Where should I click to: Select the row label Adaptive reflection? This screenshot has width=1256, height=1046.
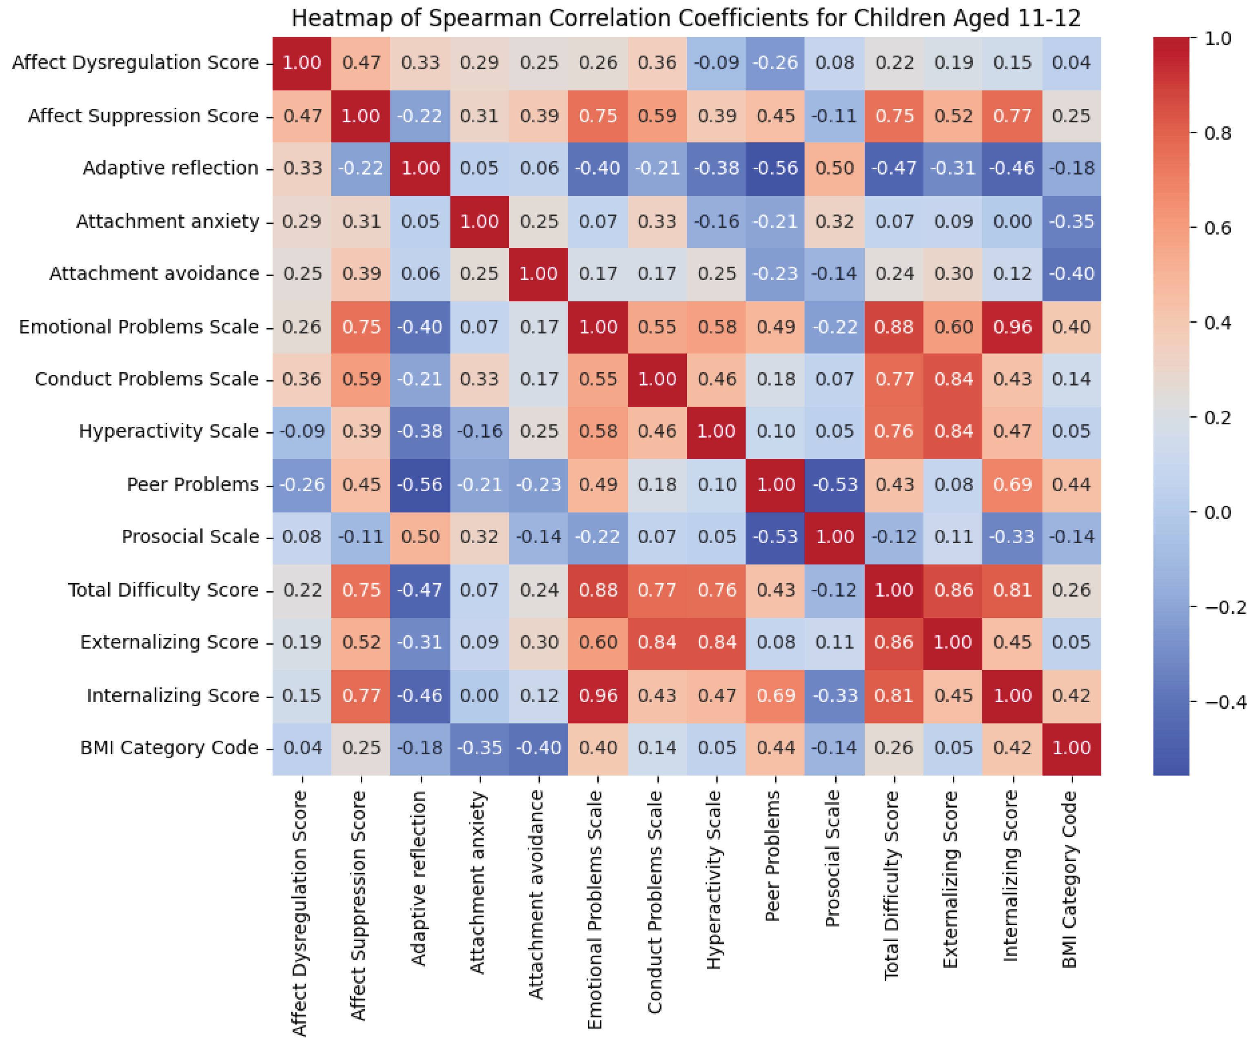coord(171,168)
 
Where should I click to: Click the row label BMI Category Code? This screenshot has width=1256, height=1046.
coord(169,748)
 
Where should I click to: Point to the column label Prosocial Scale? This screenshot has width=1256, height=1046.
coord(833,858)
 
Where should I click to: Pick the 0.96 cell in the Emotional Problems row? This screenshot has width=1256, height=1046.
coord(1012,327)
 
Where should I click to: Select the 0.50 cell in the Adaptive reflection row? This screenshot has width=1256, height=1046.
coord(835,168)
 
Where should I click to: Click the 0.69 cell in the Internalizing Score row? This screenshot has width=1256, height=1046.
coord(776,696)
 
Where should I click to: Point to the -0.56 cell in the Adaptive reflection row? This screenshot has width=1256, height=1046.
coord(776,168)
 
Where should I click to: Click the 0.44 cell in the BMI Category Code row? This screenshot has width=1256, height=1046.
coord(776,748)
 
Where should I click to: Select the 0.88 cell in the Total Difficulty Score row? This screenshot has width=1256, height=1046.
coord(598,590)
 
